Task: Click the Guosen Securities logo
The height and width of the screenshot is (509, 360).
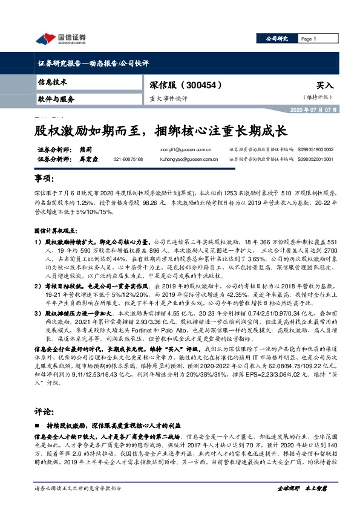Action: (60, 39)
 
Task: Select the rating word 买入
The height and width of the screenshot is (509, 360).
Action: (324, 86)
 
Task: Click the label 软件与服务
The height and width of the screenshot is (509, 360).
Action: (56, 99)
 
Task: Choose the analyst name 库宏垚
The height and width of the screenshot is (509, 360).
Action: (89, 158)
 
